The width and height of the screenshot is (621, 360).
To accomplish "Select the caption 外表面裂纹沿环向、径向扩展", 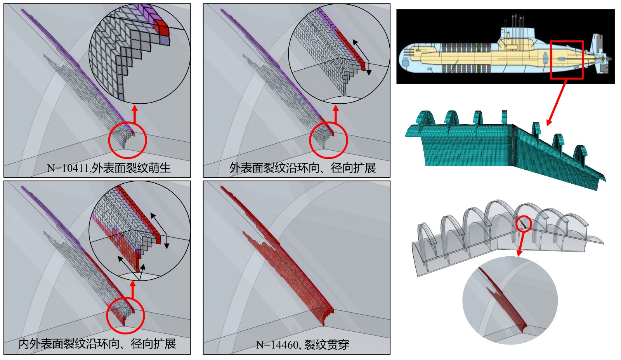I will [x=302, y=168].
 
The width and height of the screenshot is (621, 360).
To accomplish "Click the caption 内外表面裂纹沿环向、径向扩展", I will [x=97, y=344].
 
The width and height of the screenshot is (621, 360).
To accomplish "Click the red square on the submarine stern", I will [x=567, y=60].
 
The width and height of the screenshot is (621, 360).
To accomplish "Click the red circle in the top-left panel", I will [x=127, y=141].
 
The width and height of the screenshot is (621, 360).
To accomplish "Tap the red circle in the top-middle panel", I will [x=328, y=140].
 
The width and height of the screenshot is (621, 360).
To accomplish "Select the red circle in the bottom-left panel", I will [x=125, y=315].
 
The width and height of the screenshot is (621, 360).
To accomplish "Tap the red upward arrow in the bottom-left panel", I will [x=133, y=289].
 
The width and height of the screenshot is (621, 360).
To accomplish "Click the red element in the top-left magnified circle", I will [x=161, y=28].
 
